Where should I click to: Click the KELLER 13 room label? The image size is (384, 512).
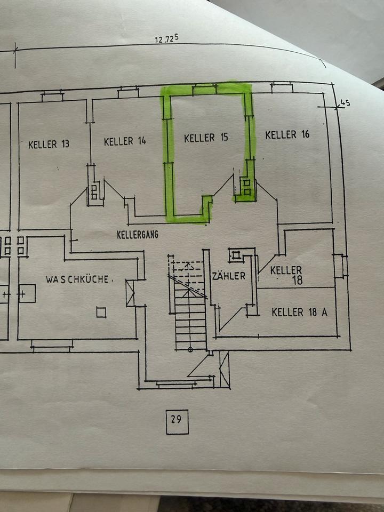pyautogui.click(x=49, y=144)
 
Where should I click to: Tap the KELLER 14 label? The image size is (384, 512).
pyautogui.click(x=125, y=141)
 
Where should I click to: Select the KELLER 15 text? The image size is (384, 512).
pyautogui.click(x=206, y=138)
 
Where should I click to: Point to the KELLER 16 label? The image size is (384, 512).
pyautogui.click(x=287, y=134)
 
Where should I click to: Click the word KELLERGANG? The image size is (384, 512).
pyautogui.click(x=138, y=234)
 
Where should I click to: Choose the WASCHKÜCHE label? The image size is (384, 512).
pyautogui.click(x=77, y=279)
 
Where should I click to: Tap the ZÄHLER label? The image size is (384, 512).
pyautogui.click(x=228, y=276)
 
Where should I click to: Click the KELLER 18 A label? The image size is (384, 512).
pyautogui.click(x=299, y=312)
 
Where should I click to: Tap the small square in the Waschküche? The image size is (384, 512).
pyautogui.click(x=101, y=312)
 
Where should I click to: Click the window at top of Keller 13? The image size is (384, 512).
pyautogui.click(x=52, y=97)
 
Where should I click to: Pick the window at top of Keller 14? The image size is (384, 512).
pyautogui.click(x=128, y=93)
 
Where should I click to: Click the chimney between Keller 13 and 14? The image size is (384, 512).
pyautogui.click(x=94, y=190)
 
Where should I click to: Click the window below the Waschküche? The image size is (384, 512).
pyautogui.click(x=52, y=344)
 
